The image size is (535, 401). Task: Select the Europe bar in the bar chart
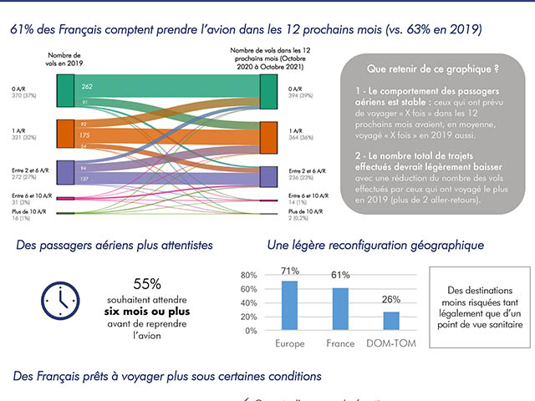click(x=290, y=306)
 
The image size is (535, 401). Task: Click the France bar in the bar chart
click(x=340, y=309)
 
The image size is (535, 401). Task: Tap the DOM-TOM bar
click(x=390, y=321)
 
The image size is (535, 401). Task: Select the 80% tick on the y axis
click(x=249, y=275)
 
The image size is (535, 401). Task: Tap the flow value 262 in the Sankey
click(x=87, y=86)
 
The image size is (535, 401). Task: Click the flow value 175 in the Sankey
click(x=84, y=135)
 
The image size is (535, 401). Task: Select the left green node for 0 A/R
click(x=66, y=90)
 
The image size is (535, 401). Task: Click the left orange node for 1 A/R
click(x=66, y=134)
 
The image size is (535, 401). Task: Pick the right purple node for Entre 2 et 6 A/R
click(x=268, y=176)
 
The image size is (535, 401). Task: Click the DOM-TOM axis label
click(x=390, y=343)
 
